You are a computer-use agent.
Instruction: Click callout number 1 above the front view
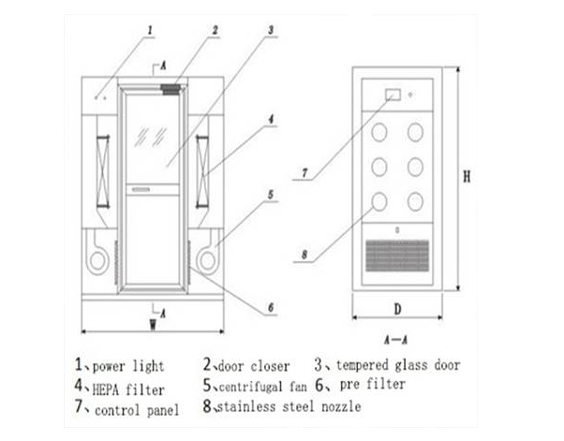click(x=149, y=30)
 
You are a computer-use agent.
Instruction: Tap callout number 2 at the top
click(x=214, y=29)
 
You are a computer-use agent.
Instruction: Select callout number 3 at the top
click(x=270, y=29)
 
